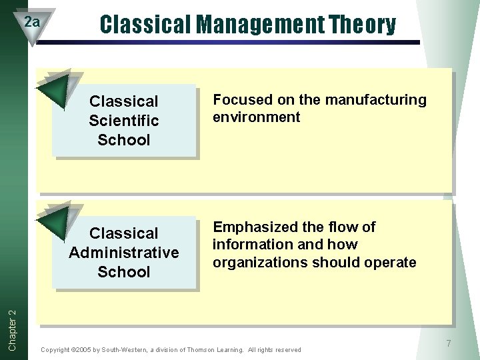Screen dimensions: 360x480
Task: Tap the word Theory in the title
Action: pos(363,25)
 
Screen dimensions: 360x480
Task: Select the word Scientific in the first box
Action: pos(124,121)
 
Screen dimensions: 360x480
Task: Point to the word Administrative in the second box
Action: pos(124,253)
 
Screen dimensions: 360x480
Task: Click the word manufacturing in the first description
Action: pos(375,100)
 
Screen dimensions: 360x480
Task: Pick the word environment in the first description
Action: pos(256,117)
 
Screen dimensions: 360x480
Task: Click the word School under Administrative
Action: pos(124,272)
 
